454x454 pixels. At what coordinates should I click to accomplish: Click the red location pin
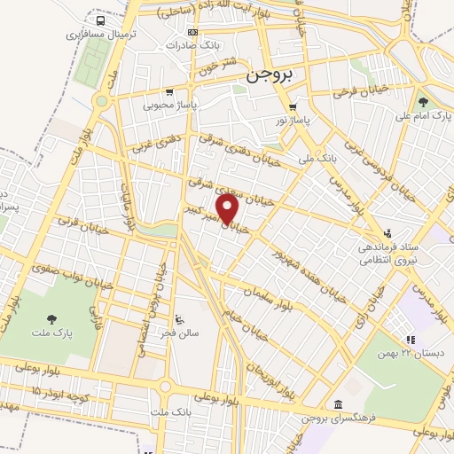click(x=228, y=210)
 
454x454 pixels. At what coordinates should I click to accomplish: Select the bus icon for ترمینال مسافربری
click(x=98, y=20)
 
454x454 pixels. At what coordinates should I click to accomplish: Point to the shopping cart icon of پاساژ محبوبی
click(x=168, y=91)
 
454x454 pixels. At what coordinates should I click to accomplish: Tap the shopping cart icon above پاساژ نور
click(x=294, y=107)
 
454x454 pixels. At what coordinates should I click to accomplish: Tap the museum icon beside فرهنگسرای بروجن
click(x=338, y=405)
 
